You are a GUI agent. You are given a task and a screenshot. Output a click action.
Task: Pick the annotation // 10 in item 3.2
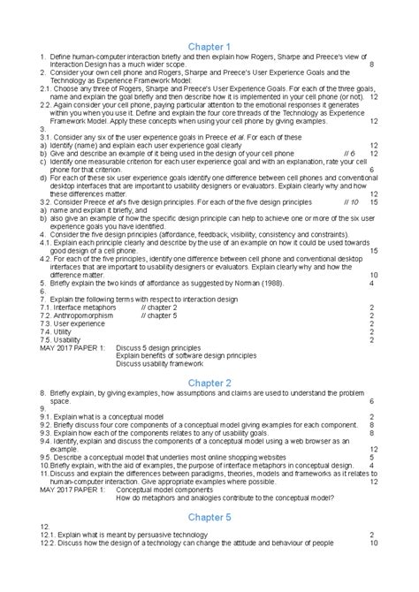[x=350, y=201]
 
